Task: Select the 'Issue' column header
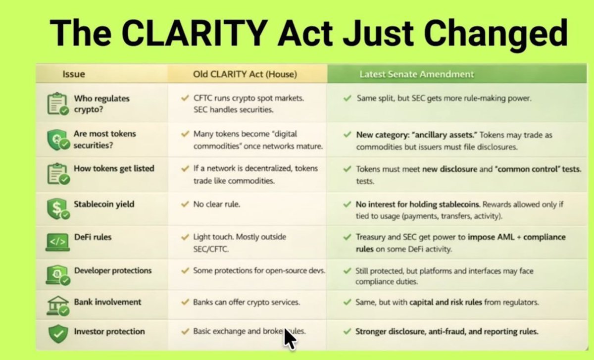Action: [x=74, y=74]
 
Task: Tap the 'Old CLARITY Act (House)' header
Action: [x=245, y=74]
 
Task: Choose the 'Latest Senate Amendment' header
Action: [x=416, y=74]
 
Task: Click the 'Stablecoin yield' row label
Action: [x=104, y=204]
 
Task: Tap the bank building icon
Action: [x=57, y=306]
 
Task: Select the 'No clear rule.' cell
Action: [x=217, y=204]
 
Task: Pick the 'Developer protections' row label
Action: [x=113, y=270]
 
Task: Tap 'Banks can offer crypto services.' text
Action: [x=247, y=302]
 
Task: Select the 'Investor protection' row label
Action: [x=109, y=331]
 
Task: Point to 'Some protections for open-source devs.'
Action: [x=259, y=271]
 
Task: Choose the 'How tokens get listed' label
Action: [x=114, y=168]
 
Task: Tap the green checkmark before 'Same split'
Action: [x=347, y=99]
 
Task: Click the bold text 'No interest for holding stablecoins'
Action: [x=418, y=204]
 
